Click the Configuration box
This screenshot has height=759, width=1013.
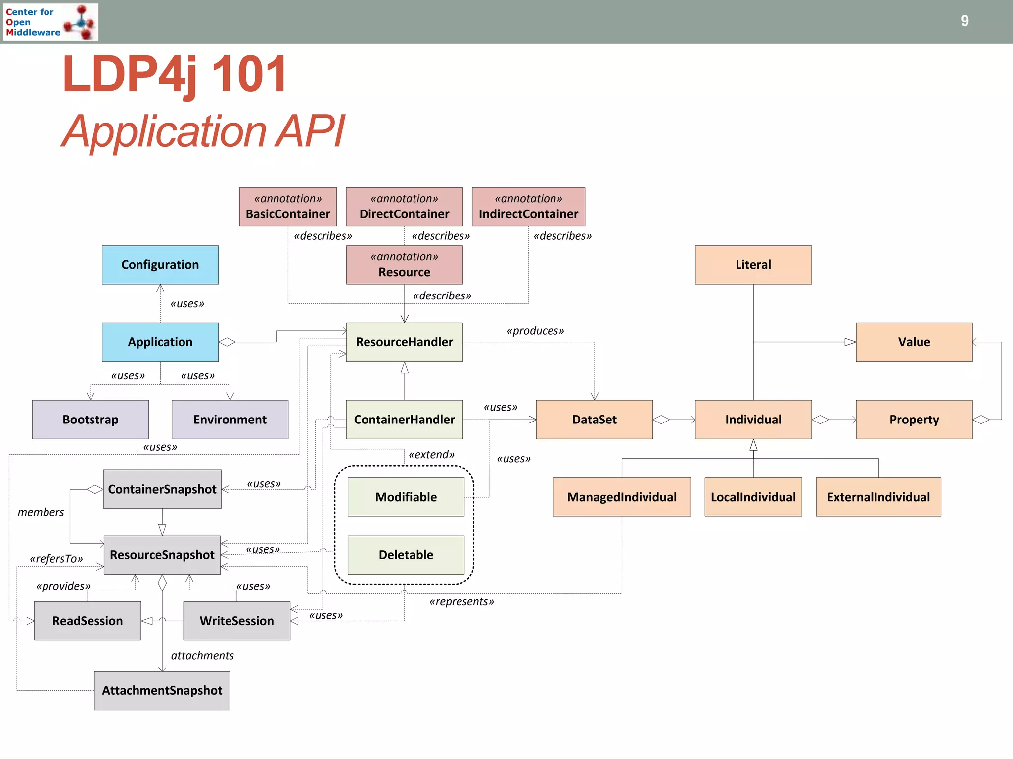160,265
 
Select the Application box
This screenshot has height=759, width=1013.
160,342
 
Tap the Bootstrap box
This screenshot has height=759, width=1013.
91,420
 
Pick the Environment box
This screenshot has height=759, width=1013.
230,420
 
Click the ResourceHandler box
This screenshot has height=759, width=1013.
404,342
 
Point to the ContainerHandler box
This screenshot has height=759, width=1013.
404,420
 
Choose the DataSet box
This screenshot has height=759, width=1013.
594,420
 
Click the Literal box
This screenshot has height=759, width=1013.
753,265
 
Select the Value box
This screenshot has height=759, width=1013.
914,342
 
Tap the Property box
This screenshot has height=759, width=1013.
914,420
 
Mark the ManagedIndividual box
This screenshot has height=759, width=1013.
622,497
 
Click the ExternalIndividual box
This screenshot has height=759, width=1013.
878,497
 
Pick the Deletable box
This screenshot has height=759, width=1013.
406,555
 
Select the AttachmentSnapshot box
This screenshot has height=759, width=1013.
162,690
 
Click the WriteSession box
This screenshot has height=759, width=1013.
236,621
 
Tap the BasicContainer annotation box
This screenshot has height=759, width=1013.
288,207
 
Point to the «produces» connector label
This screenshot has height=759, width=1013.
535,331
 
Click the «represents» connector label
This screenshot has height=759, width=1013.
461,601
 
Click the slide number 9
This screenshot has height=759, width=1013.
965,21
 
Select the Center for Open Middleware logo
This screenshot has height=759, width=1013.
50,22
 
